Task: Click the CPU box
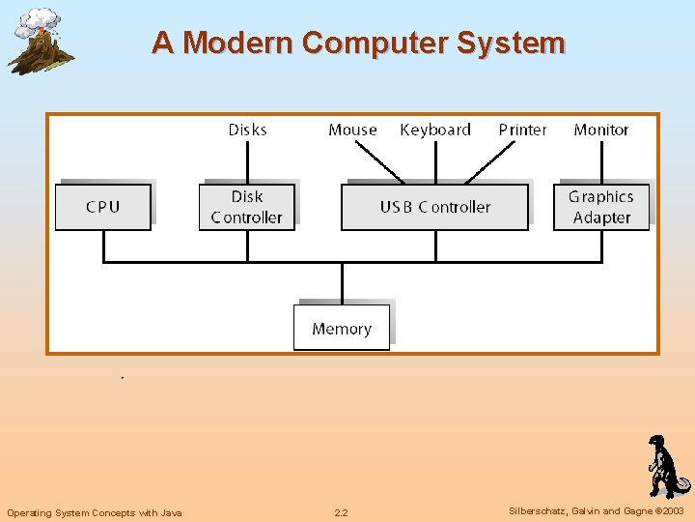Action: [103, 207]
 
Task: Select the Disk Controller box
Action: [247, 207]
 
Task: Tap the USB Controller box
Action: [434, 207]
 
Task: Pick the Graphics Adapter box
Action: [600, 207]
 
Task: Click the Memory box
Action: [342, 329]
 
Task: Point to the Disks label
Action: [247, 130]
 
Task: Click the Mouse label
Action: [352, 130]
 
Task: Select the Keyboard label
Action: [435, 130]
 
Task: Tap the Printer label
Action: [522, 130]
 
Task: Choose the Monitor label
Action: [600, 130]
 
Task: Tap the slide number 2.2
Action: [341, 512]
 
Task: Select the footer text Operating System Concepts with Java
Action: [94, 512]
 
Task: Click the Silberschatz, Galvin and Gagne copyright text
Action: [596, 511]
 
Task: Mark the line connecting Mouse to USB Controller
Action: [379, 162]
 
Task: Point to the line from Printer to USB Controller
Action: [492, 162]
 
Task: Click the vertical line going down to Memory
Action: [342, 283]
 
